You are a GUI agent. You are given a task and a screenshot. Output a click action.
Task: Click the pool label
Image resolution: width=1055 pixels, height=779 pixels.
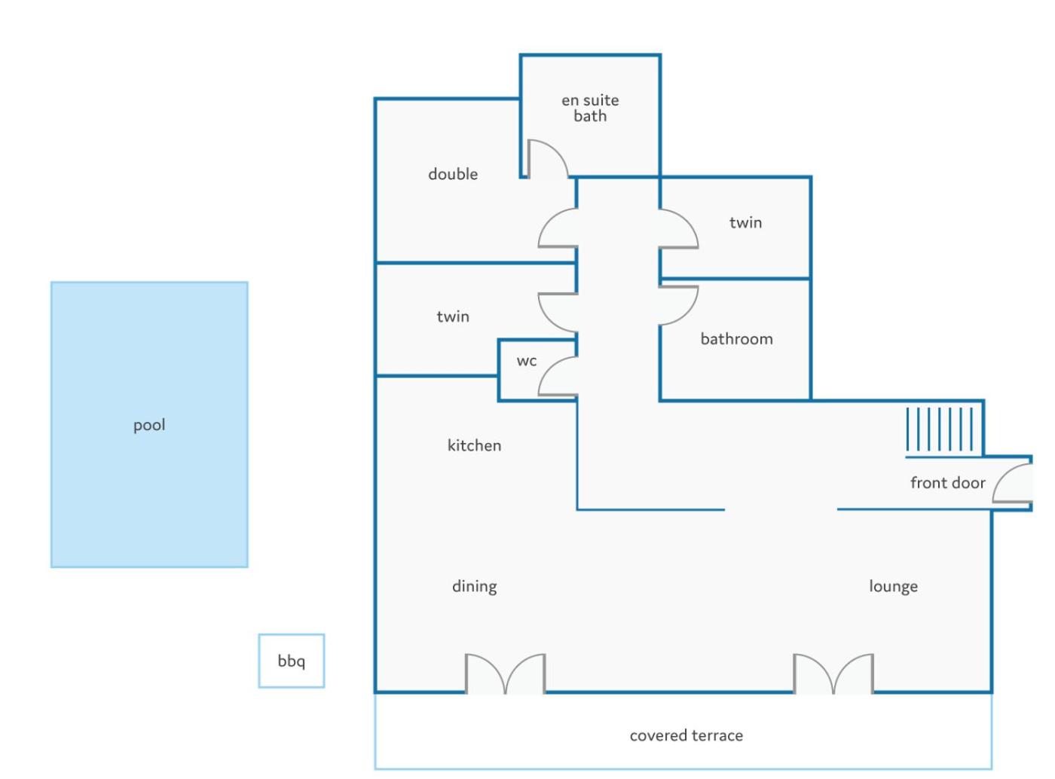point(149,425)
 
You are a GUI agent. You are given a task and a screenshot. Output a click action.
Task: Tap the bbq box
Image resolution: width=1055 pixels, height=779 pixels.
point(291,661)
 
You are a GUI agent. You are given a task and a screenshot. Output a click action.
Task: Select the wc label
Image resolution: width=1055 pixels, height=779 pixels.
point(527,362)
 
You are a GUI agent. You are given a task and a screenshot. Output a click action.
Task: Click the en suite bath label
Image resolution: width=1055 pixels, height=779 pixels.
point(590,108)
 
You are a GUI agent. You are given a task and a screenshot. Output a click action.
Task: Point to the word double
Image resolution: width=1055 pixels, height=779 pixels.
point(453,173)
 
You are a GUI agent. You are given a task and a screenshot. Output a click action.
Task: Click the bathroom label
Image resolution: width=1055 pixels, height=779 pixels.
point(737,338)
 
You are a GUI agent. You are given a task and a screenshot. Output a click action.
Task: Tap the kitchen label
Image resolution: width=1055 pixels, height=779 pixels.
point(474,445)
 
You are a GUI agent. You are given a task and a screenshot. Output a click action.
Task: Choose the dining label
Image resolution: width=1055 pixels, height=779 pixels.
point(474,586)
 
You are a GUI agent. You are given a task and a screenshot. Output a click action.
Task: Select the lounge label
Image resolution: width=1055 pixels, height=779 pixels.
point(893,586)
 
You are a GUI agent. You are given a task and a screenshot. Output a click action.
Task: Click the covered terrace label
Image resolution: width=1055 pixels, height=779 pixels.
point(687,736)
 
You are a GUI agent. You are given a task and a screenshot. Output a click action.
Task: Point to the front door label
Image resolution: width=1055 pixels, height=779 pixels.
point(947,483)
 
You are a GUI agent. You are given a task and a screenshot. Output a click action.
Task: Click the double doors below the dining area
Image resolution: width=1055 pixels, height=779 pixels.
point(505,673)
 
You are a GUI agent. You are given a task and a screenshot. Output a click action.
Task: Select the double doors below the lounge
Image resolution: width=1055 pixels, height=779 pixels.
point(833,673)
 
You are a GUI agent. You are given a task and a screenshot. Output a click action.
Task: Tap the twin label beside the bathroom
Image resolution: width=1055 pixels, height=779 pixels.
point(746,222)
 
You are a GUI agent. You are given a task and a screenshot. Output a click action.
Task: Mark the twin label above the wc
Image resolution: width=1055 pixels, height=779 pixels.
point(453,316)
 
